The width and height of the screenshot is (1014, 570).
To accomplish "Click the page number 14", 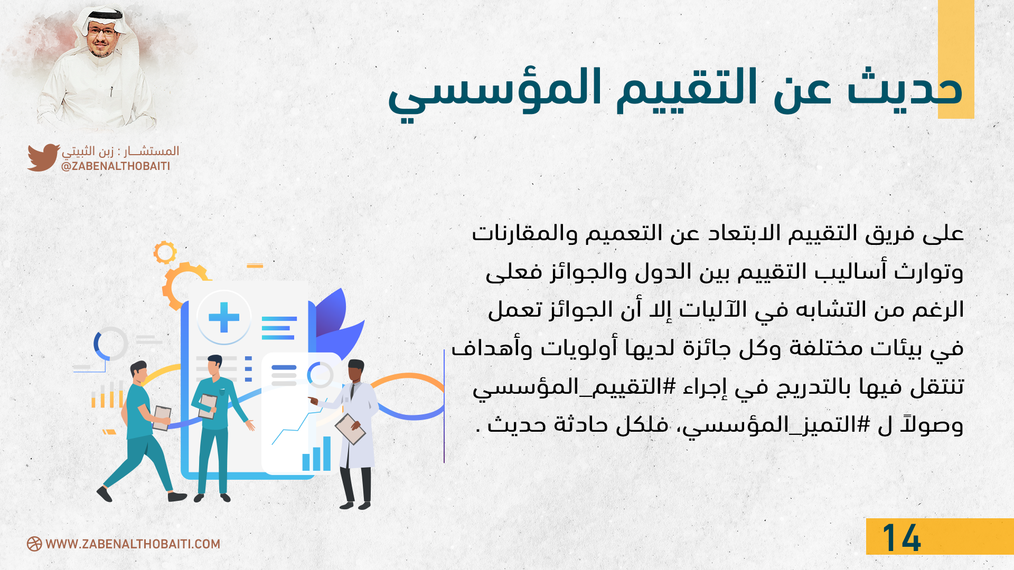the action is coord(902,538).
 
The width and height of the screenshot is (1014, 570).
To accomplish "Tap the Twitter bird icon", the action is coord(43,157).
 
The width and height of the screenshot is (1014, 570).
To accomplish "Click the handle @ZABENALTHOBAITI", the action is coord(116,166).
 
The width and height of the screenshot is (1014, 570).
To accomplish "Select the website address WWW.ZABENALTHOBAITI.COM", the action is coord(133,544).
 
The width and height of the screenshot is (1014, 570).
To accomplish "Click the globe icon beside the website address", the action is coord(34,544).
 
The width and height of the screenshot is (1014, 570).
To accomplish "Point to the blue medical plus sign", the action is coord(224,317).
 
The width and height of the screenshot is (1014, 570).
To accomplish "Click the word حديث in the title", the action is coord(905,88).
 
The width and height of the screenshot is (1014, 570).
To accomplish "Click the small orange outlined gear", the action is coord(165,252).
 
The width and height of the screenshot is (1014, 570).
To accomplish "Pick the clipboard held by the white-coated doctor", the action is coord(350,429).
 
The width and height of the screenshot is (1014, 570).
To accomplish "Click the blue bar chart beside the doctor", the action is coord(316,453).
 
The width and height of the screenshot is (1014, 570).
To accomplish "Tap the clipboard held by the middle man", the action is coord(208,406).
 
